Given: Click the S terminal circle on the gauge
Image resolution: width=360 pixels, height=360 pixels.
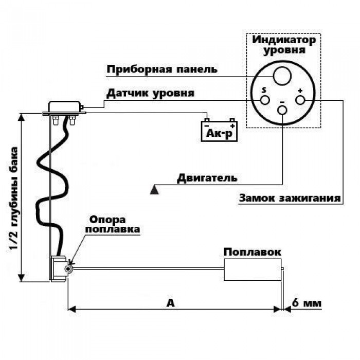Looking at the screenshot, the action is pos(265,100).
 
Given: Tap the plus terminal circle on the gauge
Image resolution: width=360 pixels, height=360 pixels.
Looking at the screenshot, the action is pos(300,100).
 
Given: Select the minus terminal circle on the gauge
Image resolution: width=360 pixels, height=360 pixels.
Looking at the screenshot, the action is pos(282,110).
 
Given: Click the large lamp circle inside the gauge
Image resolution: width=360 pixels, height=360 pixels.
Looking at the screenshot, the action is pos(282,76).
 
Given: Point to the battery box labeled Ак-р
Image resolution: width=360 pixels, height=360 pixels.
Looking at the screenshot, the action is pos(219,131).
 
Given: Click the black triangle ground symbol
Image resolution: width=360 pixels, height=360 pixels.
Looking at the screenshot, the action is pos(154,190).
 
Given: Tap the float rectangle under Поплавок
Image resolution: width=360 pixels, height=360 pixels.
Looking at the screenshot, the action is pos(253,269).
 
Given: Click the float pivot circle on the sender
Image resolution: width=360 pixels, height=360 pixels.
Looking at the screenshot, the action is pos(68,269).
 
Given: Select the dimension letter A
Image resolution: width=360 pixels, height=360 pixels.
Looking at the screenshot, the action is pos(171,303).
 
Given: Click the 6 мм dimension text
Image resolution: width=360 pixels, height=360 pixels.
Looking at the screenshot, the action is pos(307,303).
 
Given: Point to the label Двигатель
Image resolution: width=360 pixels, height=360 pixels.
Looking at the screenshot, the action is pos(207,178).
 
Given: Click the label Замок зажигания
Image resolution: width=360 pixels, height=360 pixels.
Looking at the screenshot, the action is pos(290,198).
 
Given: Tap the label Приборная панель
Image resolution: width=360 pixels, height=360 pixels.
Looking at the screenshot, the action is pos(162,69).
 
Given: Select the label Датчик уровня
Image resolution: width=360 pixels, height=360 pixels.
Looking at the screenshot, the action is pos(150,93).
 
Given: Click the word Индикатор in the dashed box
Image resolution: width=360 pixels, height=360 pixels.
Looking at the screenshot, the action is pos(284,40).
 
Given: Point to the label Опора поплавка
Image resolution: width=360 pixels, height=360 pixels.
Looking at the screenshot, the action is pos(113,224).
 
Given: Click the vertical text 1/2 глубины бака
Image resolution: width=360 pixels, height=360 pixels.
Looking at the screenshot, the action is pos(14,198).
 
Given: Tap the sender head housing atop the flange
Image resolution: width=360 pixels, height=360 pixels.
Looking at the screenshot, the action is pos(64,107).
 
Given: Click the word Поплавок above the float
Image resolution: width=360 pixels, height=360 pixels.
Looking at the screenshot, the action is pos(252,252).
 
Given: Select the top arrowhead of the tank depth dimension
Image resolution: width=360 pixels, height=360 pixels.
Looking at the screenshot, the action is pos(22,117).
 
